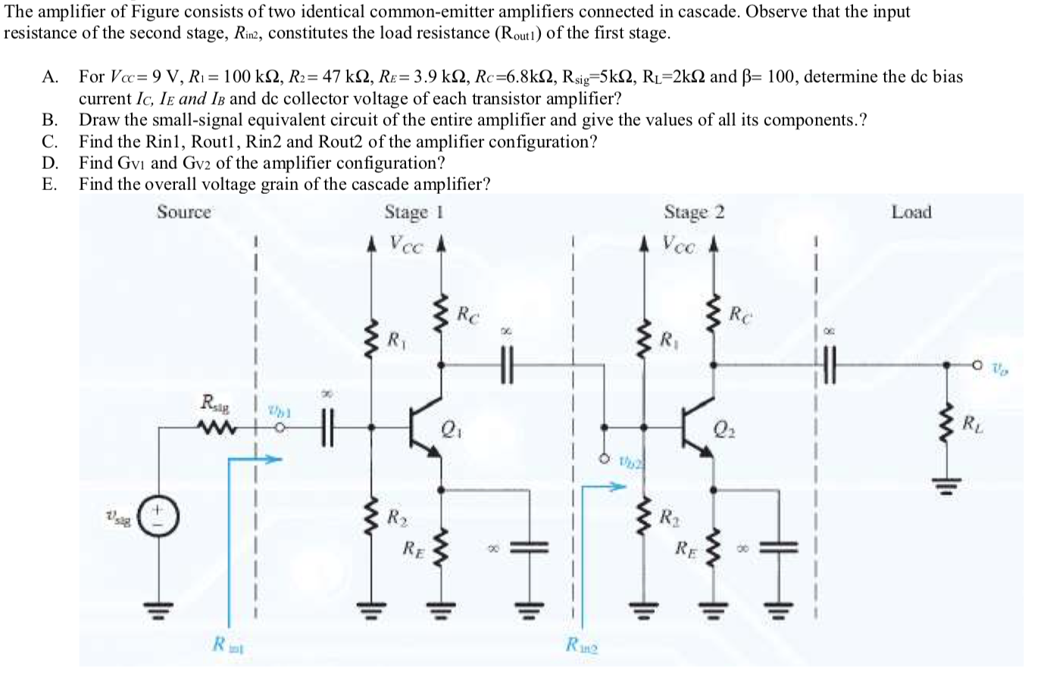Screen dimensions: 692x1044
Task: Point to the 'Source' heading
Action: pyautogui.click(x=184, y=213)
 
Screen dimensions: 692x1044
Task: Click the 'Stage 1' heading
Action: pyautogui.click(x=413, y=213)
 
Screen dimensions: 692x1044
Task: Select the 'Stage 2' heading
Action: pyautogui.click(x=694, y=213)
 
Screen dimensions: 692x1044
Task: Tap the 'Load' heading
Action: pyautogui.click(x=911, y=213)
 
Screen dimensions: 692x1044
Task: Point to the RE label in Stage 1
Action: pyautogui.click(x=412, y=547)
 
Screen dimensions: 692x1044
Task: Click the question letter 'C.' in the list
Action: pyautogui.click(x=51, y=142)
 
